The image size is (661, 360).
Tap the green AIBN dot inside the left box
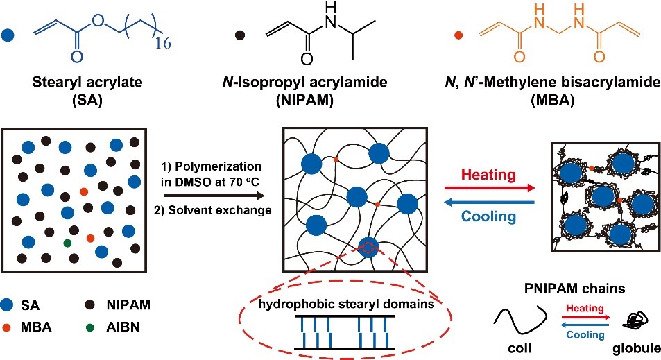coord(67,242)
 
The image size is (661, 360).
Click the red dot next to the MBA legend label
coord(25,323)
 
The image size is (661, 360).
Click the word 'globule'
coord(631,347)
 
